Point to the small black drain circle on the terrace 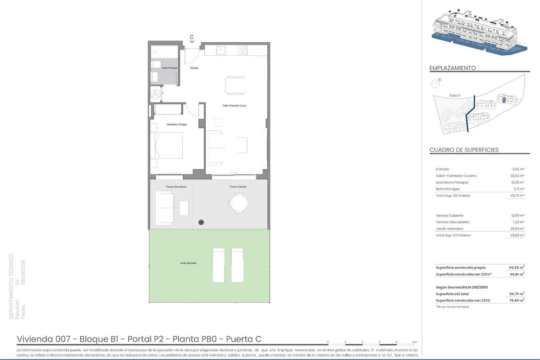(201, 222)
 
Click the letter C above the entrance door (192, 37)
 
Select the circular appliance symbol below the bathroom (155, 94)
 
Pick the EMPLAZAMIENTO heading (453, 68)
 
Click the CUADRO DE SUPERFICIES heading (464, 150)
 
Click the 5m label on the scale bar (414, 342)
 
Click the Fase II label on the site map (454, 95)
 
